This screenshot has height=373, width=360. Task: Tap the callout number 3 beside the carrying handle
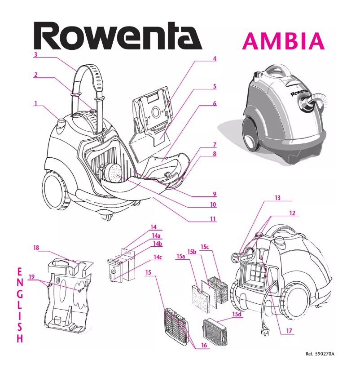click(35, 55)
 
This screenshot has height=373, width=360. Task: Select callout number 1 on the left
click(35, 103)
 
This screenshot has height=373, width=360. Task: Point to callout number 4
click(215, 58)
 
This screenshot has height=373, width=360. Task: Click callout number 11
click(213, 219)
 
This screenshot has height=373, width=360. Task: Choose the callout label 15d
click(237, 314)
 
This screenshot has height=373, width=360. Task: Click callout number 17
click(289, 331)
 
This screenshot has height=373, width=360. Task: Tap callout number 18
click(36, 248)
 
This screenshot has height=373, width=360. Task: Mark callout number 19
click(31, 277)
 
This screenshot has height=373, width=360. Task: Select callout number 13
click(277, 198)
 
